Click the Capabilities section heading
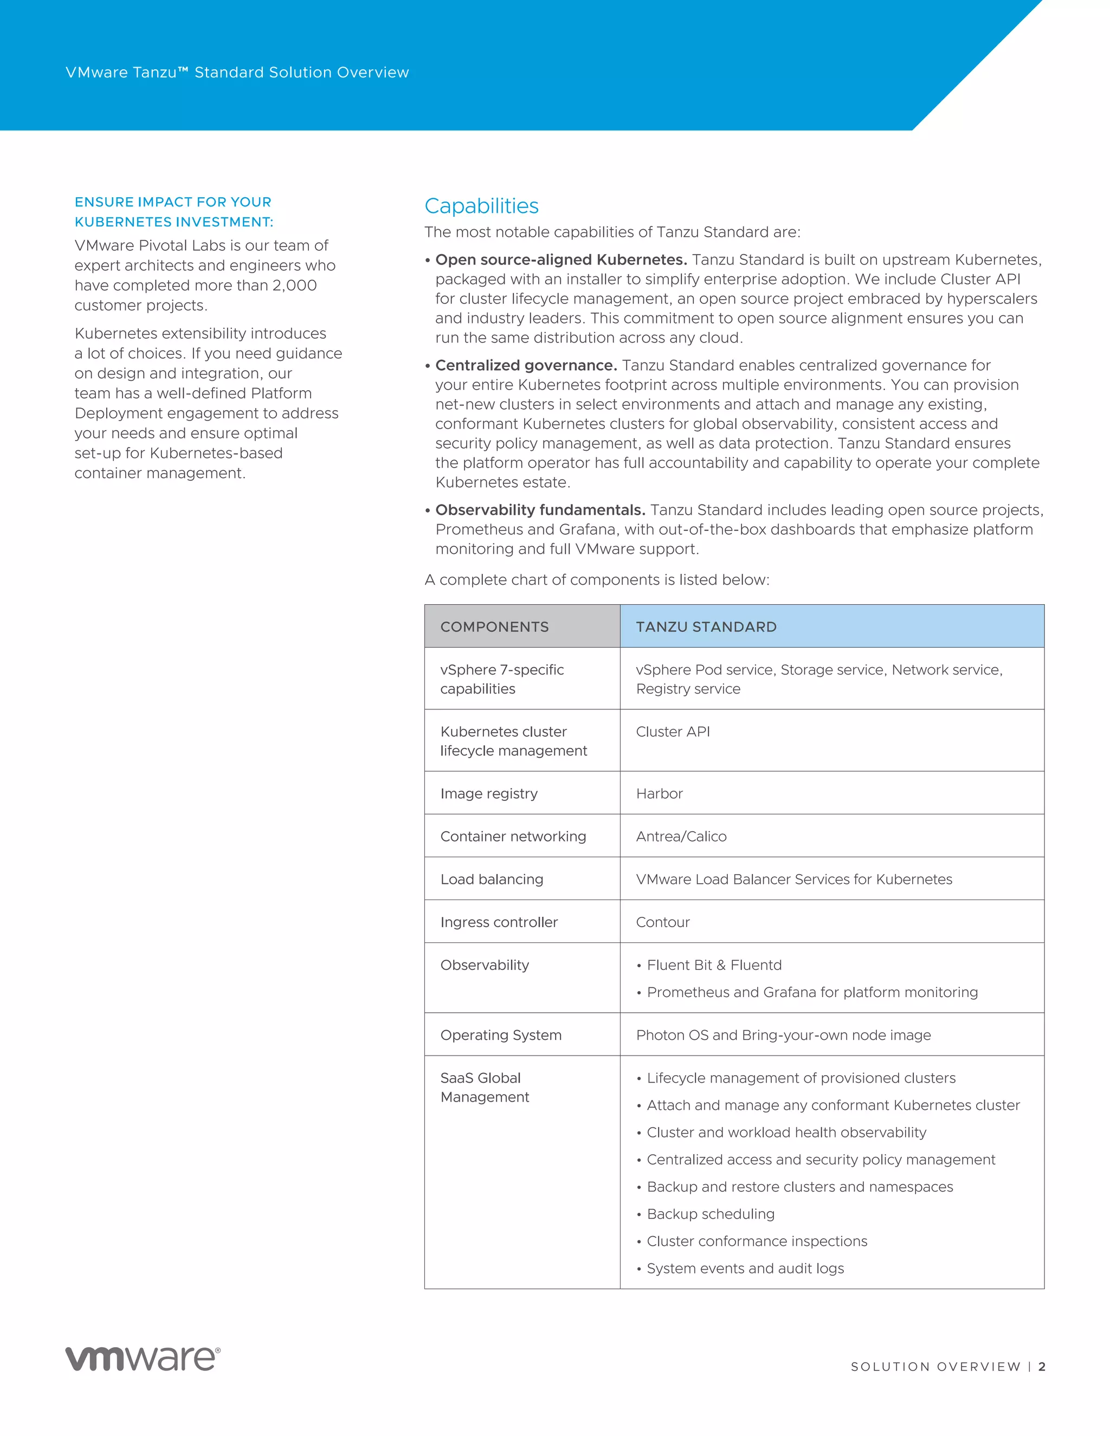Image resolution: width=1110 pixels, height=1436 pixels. tap(481, 206)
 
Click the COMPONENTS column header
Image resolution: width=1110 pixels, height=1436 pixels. tap(494, 626)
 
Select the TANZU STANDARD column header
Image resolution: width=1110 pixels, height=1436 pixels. tap(706, 626)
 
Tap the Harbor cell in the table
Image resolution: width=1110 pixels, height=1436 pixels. tap(660, 794)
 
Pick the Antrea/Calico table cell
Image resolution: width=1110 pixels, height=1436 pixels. tap(681, 836)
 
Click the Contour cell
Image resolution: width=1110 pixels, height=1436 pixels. tap(663, 922)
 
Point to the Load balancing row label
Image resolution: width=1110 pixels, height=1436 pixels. tap(492, 879)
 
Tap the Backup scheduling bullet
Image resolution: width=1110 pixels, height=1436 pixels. tap(710, 1214)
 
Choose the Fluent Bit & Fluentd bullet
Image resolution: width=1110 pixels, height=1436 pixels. tap(714, 965)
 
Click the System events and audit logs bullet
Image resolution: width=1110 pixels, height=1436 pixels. tap(745, 1269)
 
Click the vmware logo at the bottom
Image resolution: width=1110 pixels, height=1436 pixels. tap(143, 1359)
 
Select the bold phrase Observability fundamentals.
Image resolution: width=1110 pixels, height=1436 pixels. tap(540, 510)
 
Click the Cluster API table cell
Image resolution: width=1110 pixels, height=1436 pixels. tap(673, 732)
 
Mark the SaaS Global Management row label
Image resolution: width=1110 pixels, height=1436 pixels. tap(485, 1088)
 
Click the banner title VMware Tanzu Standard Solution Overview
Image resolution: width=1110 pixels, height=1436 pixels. tap(237, 72)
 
